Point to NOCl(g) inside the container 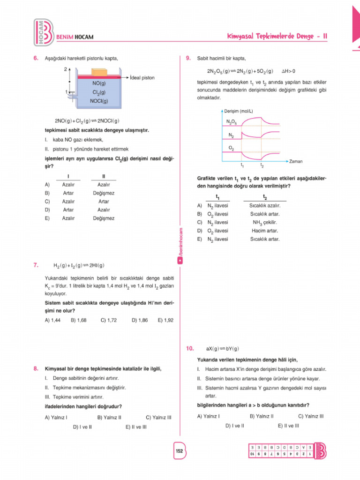point(99,100)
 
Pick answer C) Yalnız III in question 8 point(159,416)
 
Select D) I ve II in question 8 point(82,427)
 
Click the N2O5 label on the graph point(231,121)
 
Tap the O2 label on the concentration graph point(232,148)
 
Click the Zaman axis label point(296,161)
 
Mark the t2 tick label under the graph point(262,165)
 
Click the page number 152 point(179,450)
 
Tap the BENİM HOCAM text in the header point(75,37)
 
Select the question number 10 point(189,348)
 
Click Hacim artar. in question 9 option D point(265,231)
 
